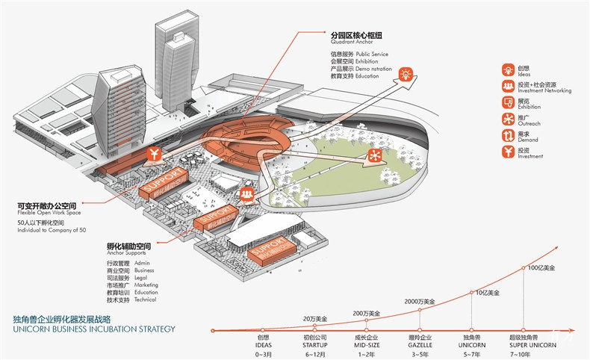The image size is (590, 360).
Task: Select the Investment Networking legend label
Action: [x=544, y=90]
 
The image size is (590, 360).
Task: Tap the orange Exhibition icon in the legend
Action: [x=507, y=103]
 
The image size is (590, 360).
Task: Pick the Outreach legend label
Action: [x=530, y=123]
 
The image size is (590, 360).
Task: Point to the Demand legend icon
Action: [x=507, y=136]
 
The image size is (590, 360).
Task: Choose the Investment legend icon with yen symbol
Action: [x=507, y=152]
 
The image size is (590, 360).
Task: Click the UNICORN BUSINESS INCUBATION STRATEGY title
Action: [x=93, y=329]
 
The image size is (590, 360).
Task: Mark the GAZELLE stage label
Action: [x=419, y=345]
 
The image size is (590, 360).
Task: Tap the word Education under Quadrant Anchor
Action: [x=367, y=76]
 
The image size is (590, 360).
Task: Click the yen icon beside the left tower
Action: [x=154, y=155]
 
